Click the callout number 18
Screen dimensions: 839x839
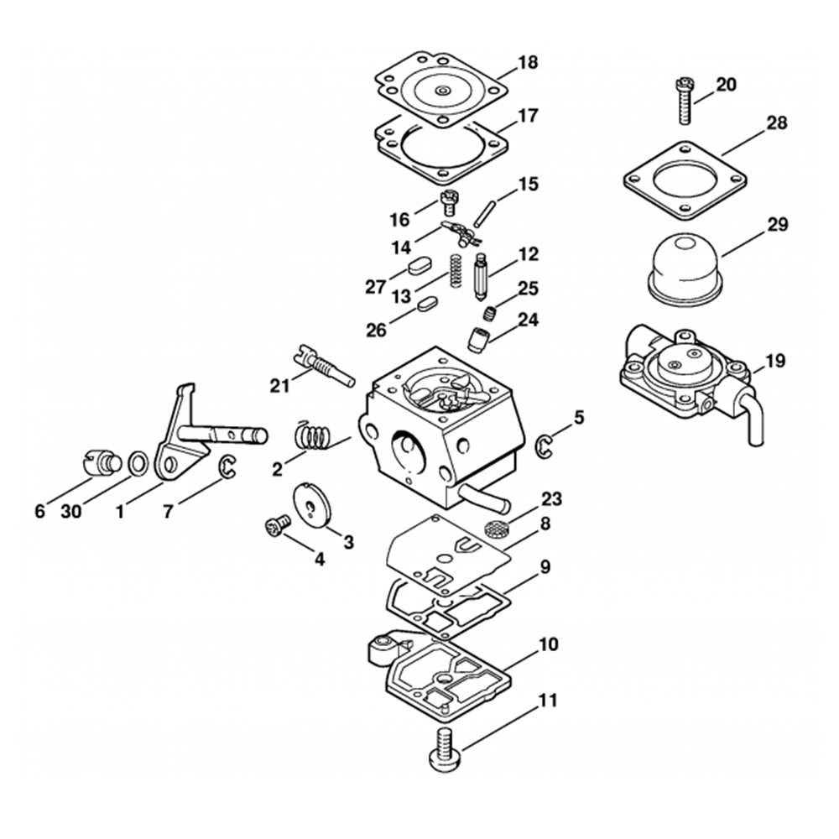[x=529, y=63]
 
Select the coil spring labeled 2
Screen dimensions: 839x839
[x=313, y=438]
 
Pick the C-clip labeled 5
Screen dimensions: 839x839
[x=544, y=449]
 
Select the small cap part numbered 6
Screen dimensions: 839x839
[x=102, y=462]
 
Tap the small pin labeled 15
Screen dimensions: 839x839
[x=482, y=211]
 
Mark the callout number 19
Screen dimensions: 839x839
[x=775, y=362]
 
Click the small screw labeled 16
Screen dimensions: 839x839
[x=449, y=203]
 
